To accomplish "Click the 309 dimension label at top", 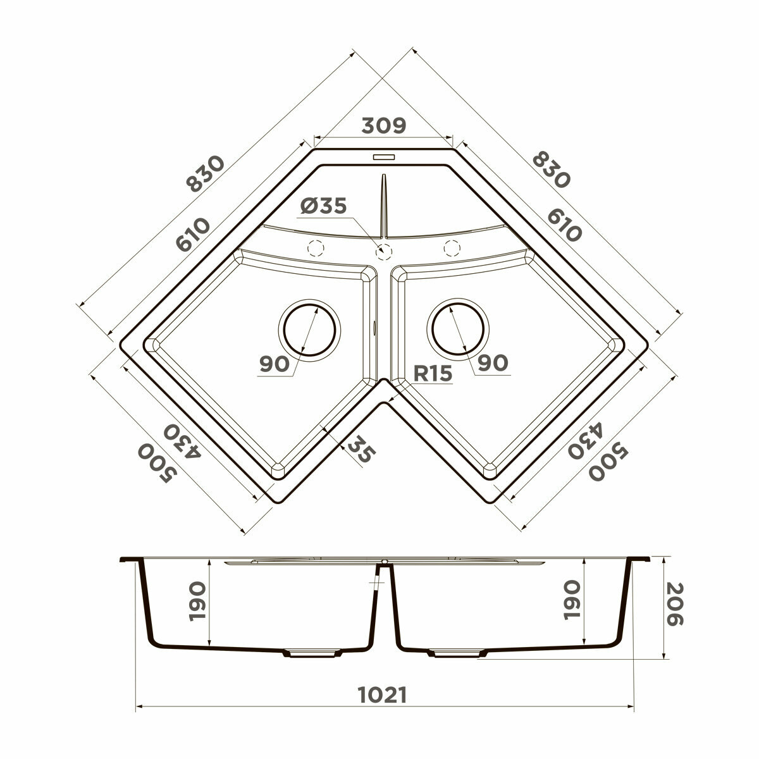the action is pyautogui.click(x=383, y=126).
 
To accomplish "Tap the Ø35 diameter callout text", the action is pyautogui.click(x=323, y=206).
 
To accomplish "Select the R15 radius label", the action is pyautogui.click(x=433, y=373).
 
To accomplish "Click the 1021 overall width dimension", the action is pyautogui.click(x=382, y=695).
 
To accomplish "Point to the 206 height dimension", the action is pyautogui.click(x=674, y=610).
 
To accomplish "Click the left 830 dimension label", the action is pyautogui.click(x=205, y=174).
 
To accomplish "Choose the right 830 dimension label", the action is pyautogui.click(x=551, y=170).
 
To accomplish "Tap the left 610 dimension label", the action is pyautogui.click(x=193, y=235).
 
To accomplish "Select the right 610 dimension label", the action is pyautogui.click(x=564, y=225).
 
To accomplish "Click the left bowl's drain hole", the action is pyautogui.click(x=309, y=330).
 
